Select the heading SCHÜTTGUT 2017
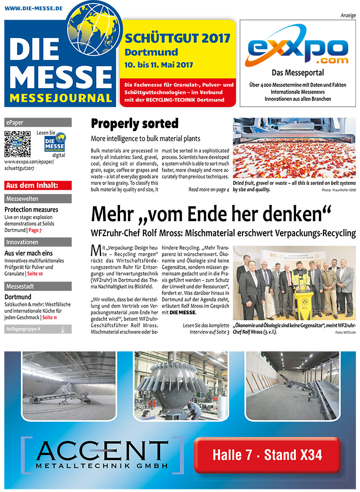[x=177, y=39]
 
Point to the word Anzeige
[x=347, y=15]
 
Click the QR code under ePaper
[x=17, y=143]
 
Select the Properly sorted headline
[x=134, y=124]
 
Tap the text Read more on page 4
[x=208, y=190]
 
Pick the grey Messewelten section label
[x=37, y=199]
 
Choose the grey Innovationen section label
[x=37, y=242]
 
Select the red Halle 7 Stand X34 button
[x=267, y=455]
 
